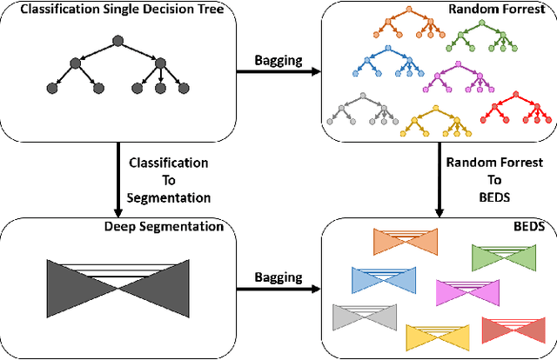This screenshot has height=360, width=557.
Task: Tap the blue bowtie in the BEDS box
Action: pyautogui.click(x=381, y=279)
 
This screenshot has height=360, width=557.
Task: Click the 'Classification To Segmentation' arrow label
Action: pyautogui.click(x=156, y=179)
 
